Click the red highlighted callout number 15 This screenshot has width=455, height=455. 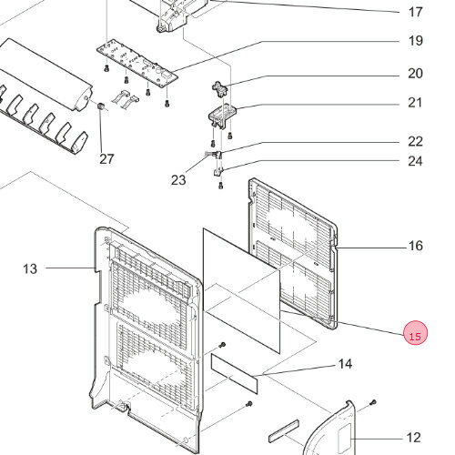coord(415,333)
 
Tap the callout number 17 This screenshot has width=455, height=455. coord(415,13)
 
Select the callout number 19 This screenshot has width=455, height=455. coord(415,41)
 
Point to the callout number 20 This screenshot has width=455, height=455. coord(415,74)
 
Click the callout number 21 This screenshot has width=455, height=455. coord(415,103)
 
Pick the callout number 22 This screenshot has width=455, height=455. coord(415,141)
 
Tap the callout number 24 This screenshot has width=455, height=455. coord(415,161)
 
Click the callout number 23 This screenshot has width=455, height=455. coord(178,180)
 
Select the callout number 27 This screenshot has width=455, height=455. coord(106,158)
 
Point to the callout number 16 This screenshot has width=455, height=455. coord(415,246)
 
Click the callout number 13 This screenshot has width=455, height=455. coord(30,268)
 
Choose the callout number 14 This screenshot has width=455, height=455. coord(345,364)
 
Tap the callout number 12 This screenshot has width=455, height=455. coord(413,438)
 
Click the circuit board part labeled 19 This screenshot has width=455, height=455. coord(137,65)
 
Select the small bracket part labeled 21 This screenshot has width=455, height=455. coord(222,116)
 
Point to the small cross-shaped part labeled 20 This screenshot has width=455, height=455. coord(220,89)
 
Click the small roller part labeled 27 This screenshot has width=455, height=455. coord(101,106)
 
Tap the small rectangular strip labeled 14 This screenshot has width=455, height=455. coord(234,373)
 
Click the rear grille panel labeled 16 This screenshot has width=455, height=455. coord(293,253)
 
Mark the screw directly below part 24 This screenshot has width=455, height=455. coord(221,185)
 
